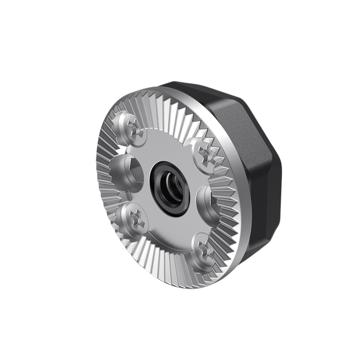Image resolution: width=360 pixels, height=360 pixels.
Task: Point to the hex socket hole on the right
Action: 207,200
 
